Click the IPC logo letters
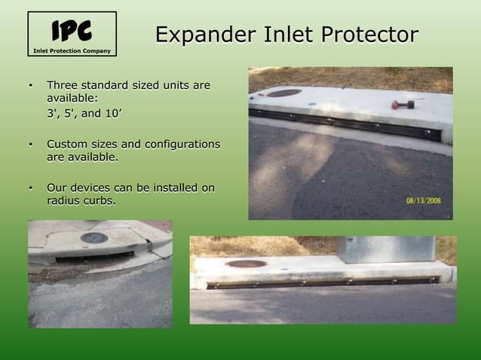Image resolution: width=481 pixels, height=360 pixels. pos(72,31)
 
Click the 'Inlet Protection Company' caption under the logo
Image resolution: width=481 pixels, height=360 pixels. pos(72,51)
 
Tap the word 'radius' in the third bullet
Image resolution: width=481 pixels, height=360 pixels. pos(63,201)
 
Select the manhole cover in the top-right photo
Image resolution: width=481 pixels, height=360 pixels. pos(283,93)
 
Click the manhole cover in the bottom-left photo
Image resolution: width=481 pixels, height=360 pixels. pos(93,238)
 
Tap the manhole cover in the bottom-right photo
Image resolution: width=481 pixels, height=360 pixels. pos(247,264)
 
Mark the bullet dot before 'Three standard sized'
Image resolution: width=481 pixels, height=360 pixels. pos(31,86)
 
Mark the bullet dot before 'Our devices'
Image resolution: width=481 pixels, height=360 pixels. pos(31,188)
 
